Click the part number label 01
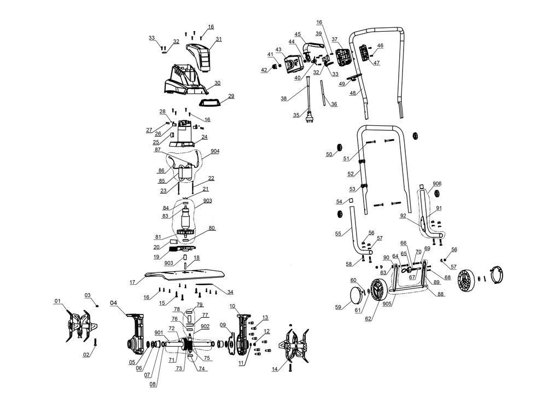coord(57,301)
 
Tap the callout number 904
coord(215,152)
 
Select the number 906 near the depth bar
coord(437,184)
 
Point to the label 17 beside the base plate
coord(132,283)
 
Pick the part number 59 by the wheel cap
coord(338,307)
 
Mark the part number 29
coord(231,96)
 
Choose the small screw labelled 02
coord(96,342)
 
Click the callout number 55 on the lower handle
coord(338,234)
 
